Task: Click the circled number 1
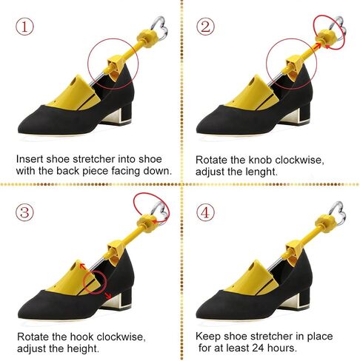pos(24,27)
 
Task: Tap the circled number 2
pos(205,27)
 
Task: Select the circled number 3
pos(24,212)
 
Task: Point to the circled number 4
pos(205,212)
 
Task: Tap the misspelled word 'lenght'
pos(261,172)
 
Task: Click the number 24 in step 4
pos(258,348)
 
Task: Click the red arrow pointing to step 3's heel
pos(108,296)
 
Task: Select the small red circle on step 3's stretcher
pos(95,282)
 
